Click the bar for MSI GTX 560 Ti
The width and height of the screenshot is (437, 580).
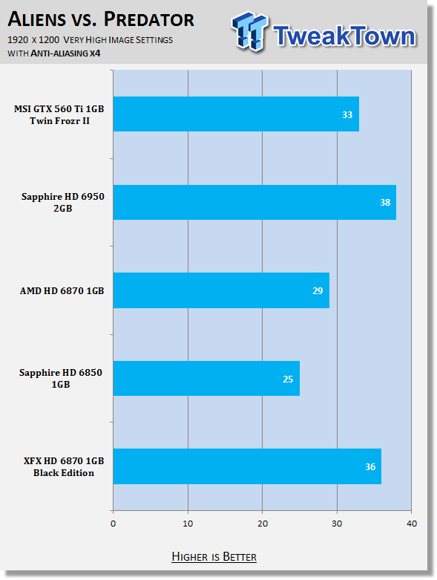pyautogui.click(x=236, y=114)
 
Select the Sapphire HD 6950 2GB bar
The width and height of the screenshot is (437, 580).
pyautogui.click(x=254, y=202)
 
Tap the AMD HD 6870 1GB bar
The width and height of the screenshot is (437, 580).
pyautogui.click(x=221, y=290)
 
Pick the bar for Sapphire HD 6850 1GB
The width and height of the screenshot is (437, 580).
pyautogui.click(x=206, y=379)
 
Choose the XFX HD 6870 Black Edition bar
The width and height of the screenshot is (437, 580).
pyautogui.click(x=247, y=466)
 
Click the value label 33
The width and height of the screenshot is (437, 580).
pyautogui.click(x=347, y=114)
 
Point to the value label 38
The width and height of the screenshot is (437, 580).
pyautogui.click(x=385, y=202)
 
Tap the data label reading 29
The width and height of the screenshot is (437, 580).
pyautogui.click(x=318, y=290)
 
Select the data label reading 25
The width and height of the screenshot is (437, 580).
pyautogui.click(x=288, y=379)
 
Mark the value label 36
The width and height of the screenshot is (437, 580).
pyautogui.click(x=370, y=467)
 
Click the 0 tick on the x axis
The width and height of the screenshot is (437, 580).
pyautogui.click(x=113, y=524)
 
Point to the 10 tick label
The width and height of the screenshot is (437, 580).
pyautogui.click(x=188, y=524)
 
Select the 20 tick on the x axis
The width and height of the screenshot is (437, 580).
pyautogui.click(x=262, y=524)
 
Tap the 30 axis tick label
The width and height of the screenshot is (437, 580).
pyautogui.click(x=337, y=524)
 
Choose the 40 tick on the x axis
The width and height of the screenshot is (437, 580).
pyautogui.click(x=412, y=524)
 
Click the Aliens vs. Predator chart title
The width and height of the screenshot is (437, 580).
pyautogui.click(x=101, y=19)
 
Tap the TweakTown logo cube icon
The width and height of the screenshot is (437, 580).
pyautogui.click(x=249, y=31)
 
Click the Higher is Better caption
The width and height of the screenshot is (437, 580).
pyautogui.click(x=214, y=557)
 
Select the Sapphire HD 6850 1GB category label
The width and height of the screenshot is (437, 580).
pyautogui.click(x=61, y=378)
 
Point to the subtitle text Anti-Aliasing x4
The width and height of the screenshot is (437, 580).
pyautogui.click(x=65, y=53)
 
